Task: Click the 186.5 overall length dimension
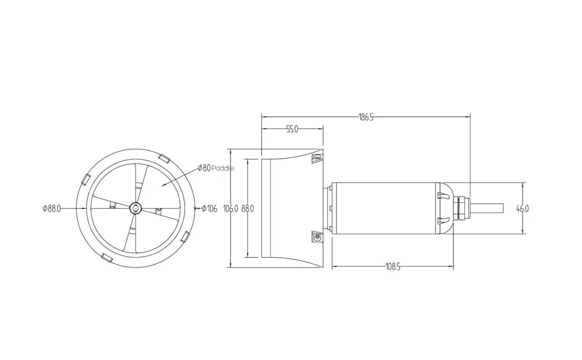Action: click(365, 117)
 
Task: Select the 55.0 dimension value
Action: click(292, 129)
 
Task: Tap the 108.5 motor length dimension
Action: click(393, 267)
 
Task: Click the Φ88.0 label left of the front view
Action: click(52, 208)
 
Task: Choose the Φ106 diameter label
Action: click(210, 209)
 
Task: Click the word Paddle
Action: click(223, 168)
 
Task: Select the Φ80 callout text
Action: click(204, 168)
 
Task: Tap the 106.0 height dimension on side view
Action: click(230, 209)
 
